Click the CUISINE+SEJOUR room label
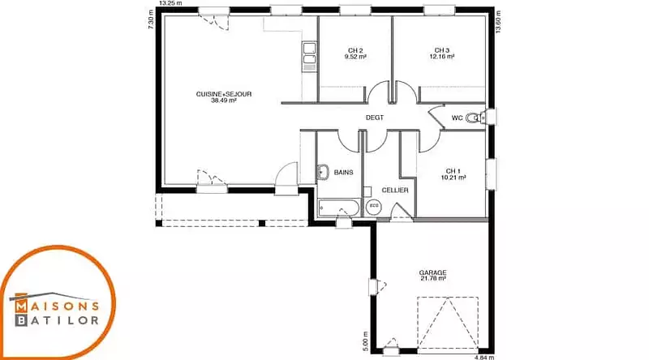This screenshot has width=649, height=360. (x=224, y=94)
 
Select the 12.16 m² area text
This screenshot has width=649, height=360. (x=442, y=57)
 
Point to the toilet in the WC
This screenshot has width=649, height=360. (x=475, y=118)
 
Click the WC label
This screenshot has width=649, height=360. (x=457, y=118)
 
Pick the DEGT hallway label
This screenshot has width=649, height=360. (x=375, y=118)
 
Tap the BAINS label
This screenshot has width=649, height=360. (x=343, y=172)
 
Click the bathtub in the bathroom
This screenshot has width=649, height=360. (x=339, y=208)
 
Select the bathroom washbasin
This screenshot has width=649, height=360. (x=323, y=172)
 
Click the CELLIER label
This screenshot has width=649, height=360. (x=395, y=190)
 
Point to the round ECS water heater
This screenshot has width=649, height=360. (x=374, y=206)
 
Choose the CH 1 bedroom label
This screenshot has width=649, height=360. (x=453, y=171)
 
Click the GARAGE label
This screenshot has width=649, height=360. (x=433, y=272)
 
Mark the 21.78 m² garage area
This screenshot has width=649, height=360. (x=433, y=279)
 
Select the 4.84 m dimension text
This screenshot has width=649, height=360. (x=484, y=357)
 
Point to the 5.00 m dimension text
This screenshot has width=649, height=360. (x=366, y=341)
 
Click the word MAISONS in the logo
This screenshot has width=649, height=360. (x=57, y=306)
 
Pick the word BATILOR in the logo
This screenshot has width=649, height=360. (x=57, y=320)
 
